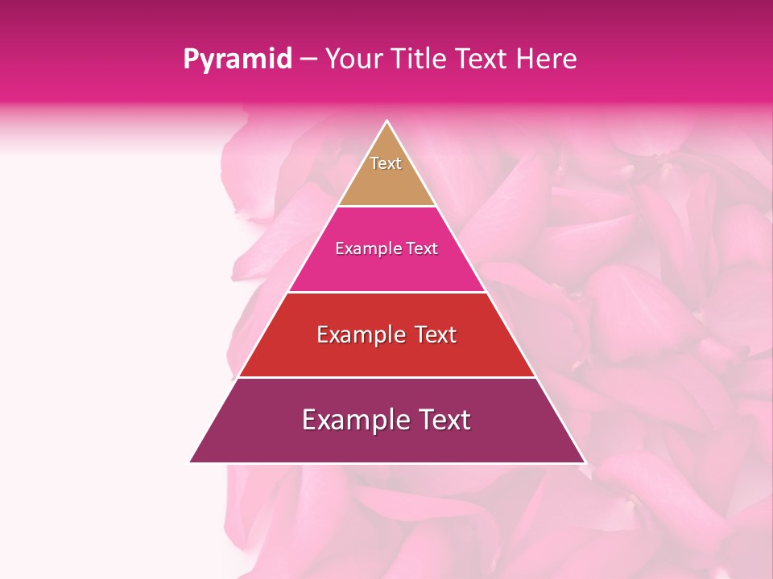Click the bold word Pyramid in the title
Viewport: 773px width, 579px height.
[x=238, y=59]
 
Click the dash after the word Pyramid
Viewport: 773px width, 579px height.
[x=308, y=60]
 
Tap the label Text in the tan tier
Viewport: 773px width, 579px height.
[x=386, y=163]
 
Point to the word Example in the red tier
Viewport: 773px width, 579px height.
[x=355, y=335]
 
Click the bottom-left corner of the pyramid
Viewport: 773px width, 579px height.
[x=191, y=462]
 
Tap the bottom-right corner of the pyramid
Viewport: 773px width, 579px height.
[x=585, y=462]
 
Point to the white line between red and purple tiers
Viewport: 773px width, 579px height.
[x=386, y=377]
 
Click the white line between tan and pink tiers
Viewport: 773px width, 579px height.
[x=386, y=206]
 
